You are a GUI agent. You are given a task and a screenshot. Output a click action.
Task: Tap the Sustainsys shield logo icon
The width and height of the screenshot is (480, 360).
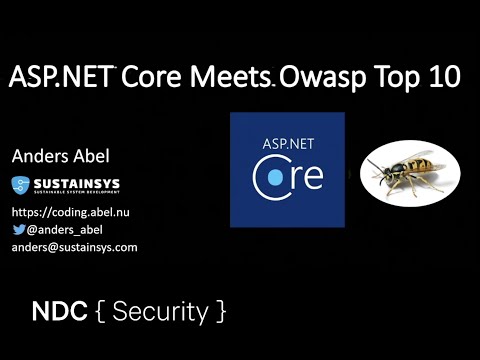22,185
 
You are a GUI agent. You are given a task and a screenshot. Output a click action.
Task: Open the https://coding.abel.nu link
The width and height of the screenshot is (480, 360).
70,212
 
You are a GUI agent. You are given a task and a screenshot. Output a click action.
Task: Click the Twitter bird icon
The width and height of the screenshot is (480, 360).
19,229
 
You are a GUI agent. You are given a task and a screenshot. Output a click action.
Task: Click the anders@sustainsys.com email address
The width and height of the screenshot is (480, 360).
74,246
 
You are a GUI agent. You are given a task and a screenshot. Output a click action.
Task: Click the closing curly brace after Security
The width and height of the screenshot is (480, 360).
218,312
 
